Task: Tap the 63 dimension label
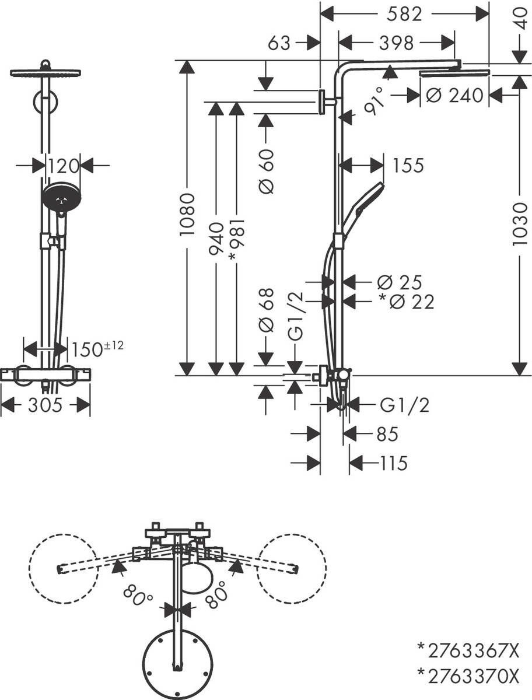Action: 279,43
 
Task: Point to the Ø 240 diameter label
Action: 454,94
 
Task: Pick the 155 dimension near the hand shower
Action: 408,166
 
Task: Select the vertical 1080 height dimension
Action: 187,214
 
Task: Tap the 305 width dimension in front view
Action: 45,405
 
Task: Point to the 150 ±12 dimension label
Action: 97,349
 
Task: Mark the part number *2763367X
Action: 467,648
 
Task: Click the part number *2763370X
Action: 467,676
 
